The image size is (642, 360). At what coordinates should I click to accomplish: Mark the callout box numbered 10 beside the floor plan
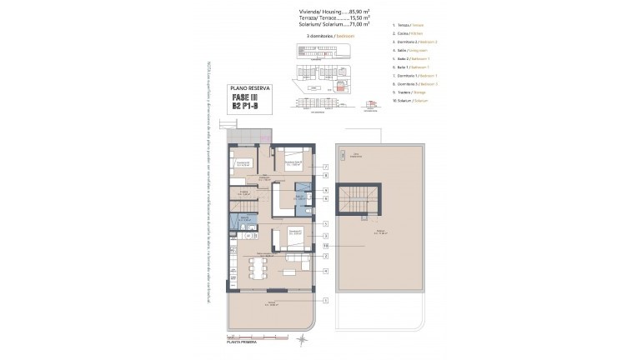[325, 246]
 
